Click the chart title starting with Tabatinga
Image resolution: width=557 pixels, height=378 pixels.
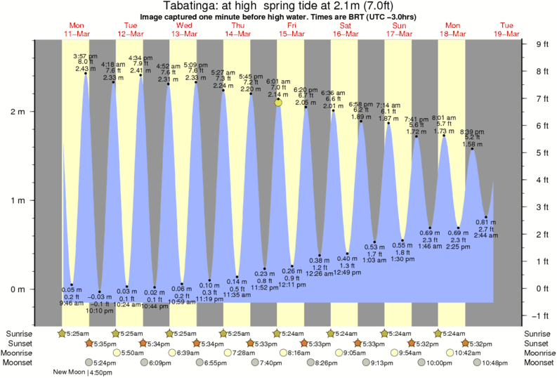(x=278, y=6)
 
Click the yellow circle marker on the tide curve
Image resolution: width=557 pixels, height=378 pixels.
(x=279, y=103)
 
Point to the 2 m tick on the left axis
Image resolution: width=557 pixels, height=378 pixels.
(x=18, y=112)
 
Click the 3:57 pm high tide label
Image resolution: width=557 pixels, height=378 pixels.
(x=85, y=56)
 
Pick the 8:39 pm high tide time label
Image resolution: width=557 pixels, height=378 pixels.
(x=472, y=131)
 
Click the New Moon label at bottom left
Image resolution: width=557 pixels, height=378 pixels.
(x=70, y=372)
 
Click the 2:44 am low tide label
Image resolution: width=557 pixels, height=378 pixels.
(x=485, y=237)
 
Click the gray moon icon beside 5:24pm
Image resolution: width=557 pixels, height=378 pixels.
(x=89, y=363)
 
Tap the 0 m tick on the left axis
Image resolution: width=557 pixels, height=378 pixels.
(x=18, y=289)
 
